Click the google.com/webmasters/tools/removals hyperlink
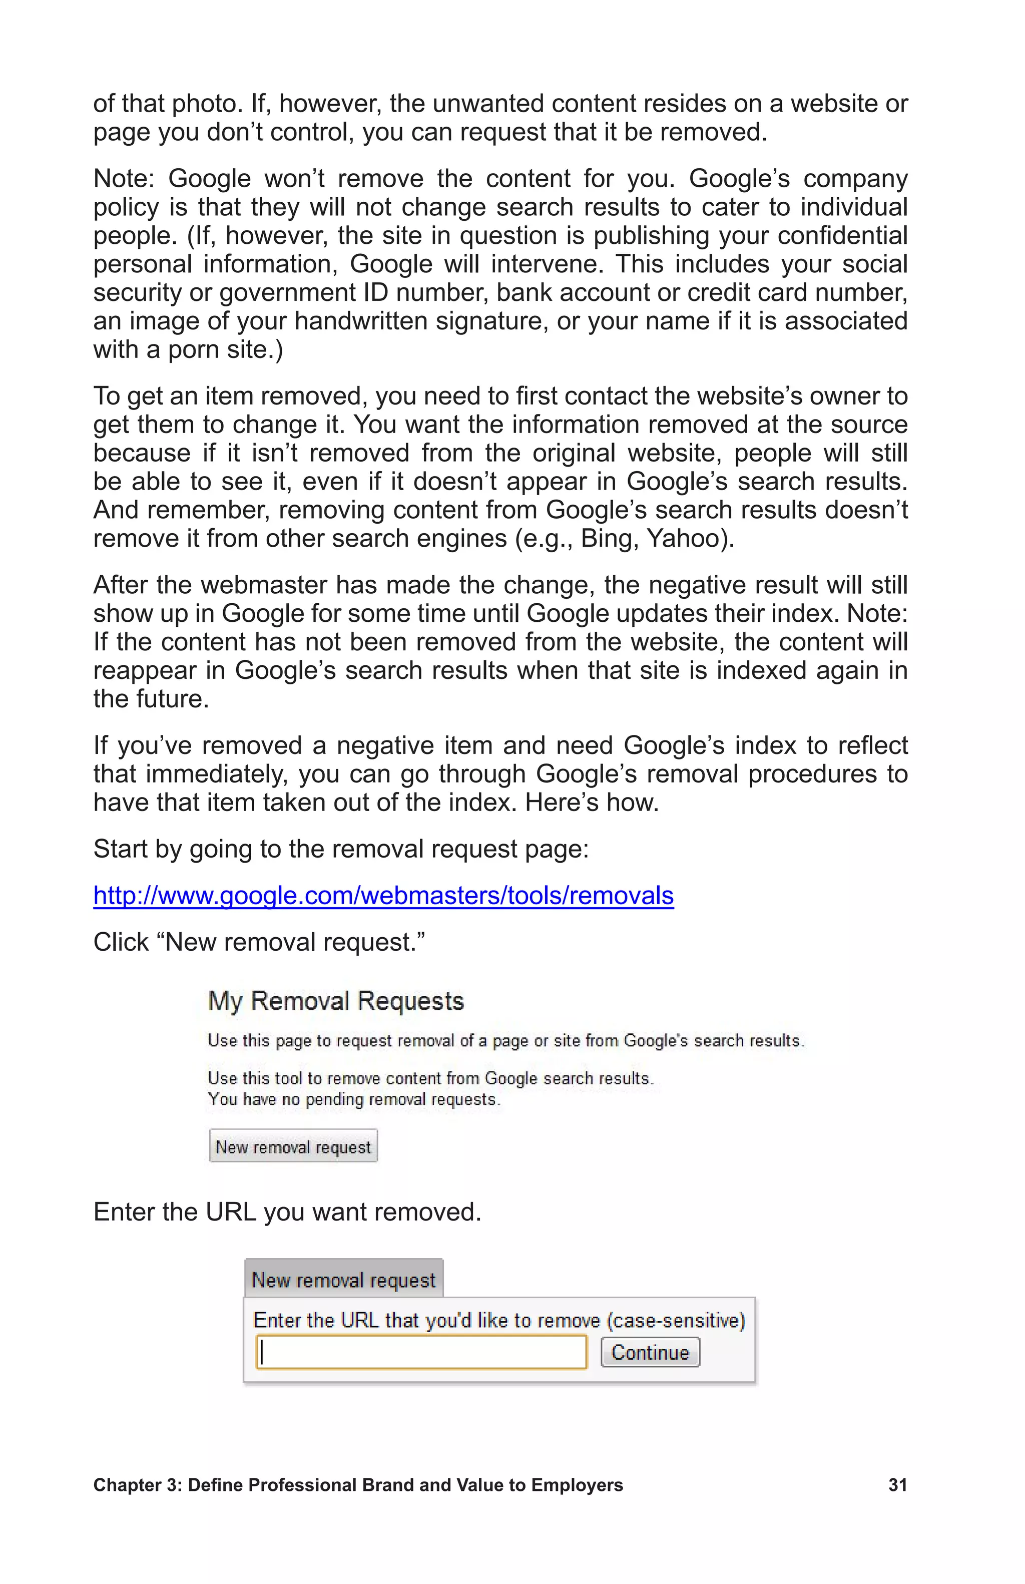pos(383,896)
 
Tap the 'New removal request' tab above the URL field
pos(343,1280)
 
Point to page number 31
pos(897,1485)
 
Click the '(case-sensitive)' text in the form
pos(675,1321)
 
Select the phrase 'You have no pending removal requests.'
pos(354,1099)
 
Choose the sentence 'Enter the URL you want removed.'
pos(287,1212)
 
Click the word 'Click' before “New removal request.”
pos(121,942)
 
